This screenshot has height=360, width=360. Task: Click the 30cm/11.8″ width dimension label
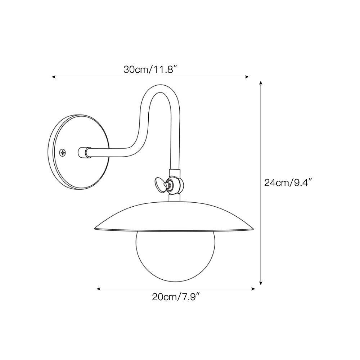coord(150,69)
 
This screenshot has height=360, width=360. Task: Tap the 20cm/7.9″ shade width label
coord(175,297)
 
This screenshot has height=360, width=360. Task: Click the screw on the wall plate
coord(62,152)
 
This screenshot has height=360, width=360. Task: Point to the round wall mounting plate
coord(78,152)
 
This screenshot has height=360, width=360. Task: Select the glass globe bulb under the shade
coord(175,256)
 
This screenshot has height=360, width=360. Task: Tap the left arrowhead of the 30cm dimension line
coord(54,77)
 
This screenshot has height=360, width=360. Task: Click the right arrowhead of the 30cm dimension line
coord(247,77)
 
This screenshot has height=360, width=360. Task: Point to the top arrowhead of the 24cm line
coord(261,83)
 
